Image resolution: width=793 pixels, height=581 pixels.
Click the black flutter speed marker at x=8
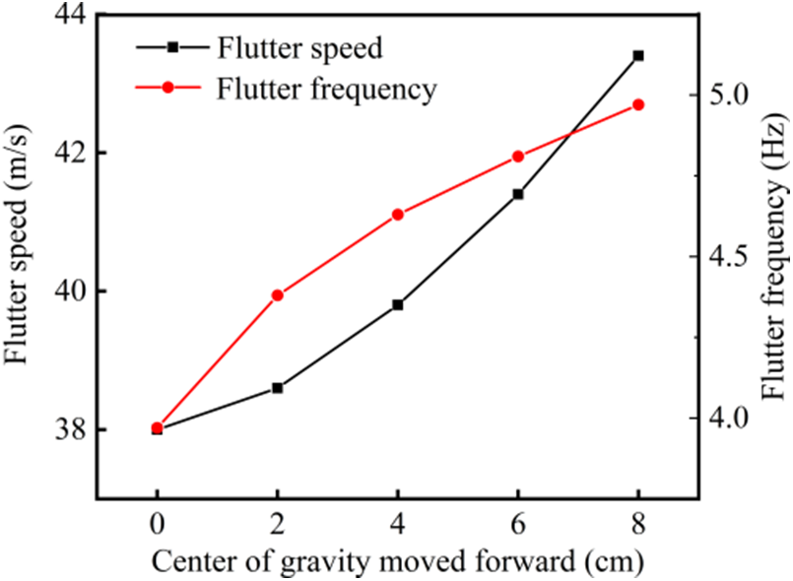tap(638, 55)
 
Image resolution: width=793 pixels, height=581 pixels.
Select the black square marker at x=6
tap(518, 194)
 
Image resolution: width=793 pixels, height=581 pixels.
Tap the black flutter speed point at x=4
tap(398, 305)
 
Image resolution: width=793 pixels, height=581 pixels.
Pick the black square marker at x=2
tap(278, 388)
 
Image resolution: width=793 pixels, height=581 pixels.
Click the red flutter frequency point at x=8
tap(638, 104)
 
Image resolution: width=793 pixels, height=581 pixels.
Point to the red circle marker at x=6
tap(518, 157)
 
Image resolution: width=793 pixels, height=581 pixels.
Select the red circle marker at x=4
tap(398, 214)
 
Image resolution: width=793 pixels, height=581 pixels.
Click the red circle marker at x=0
tap(158, 427)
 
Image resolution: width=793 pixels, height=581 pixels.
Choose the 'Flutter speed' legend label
tap(299, 46)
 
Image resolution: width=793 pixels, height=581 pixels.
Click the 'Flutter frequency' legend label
tap(326, 89)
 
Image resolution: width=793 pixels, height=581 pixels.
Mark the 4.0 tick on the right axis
tap(728, 418)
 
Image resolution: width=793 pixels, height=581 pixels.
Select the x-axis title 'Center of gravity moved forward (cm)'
tap(398, 560)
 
